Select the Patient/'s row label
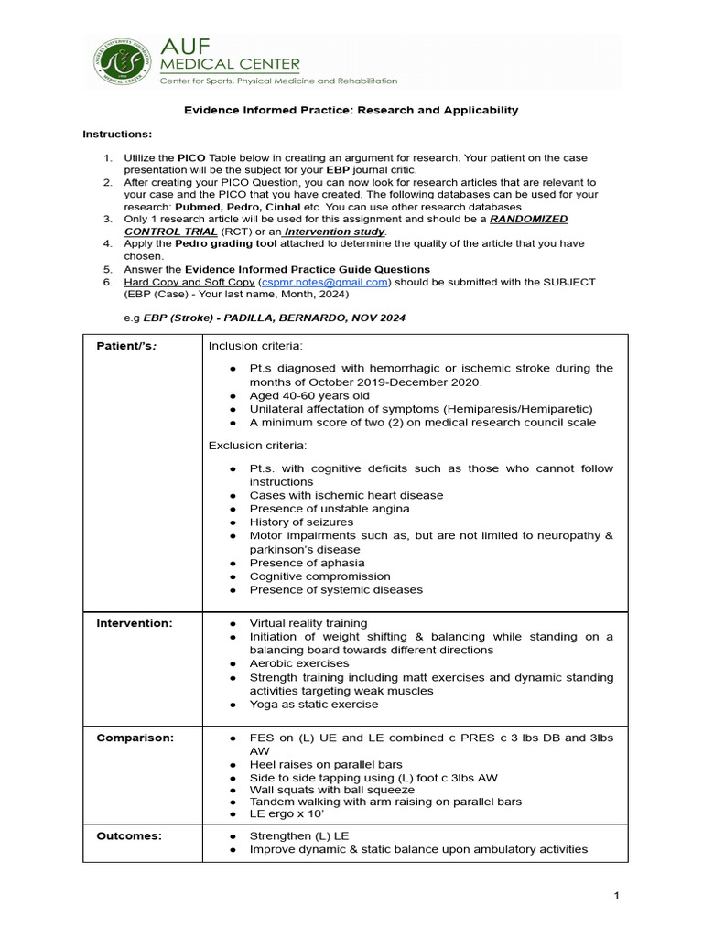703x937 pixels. pos(126,346)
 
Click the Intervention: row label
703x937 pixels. pos(135,623)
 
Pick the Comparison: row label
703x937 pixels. pos(135,737)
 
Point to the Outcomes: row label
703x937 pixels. pos(129,835)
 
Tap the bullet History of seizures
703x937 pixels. pos(301,522)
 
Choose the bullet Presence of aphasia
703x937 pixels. pos(307,563)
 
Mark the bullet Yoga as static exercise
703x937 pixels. pos(314,705)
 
